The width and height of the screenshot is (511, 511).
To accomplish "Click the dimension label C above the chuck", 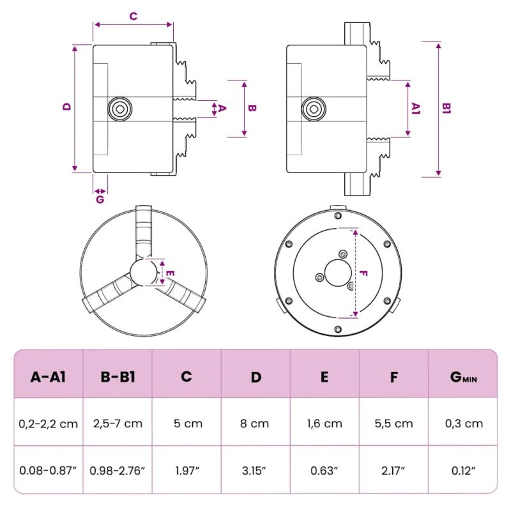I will [x=133, y=17].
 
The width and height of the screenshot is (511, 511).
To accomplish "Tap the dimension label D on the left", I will [x=66, y=107].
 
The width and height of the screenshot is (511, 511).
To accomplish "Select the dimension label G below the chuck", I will [x=100, y=199].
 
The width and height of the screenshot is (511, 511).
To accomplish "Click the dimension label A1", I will [x=416, y=109].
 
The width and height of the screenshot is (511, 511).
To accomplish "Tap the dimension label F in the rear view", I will [x=362, y=273].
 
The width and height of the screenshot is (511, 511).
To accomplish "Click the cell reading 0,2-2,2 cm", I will [x=49, y=423].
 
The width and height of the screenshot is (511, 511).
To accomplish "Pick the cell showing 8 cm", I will [x=256, y=423].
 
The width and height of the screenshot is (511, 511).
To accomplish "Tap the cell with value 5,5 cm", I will [x=393, y=423].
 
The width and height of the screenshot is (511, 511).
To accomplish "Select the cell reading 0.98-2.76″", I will [x=118, y=469].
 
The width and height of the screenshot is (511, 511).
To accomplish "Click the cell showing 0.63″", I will [x=324, y=469].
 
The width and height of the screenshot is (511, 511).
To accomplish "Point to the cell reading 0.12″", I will [x=462, y=469].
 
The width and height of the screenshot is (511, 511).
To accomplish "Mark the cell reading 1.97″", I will [x=187, y=469].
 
